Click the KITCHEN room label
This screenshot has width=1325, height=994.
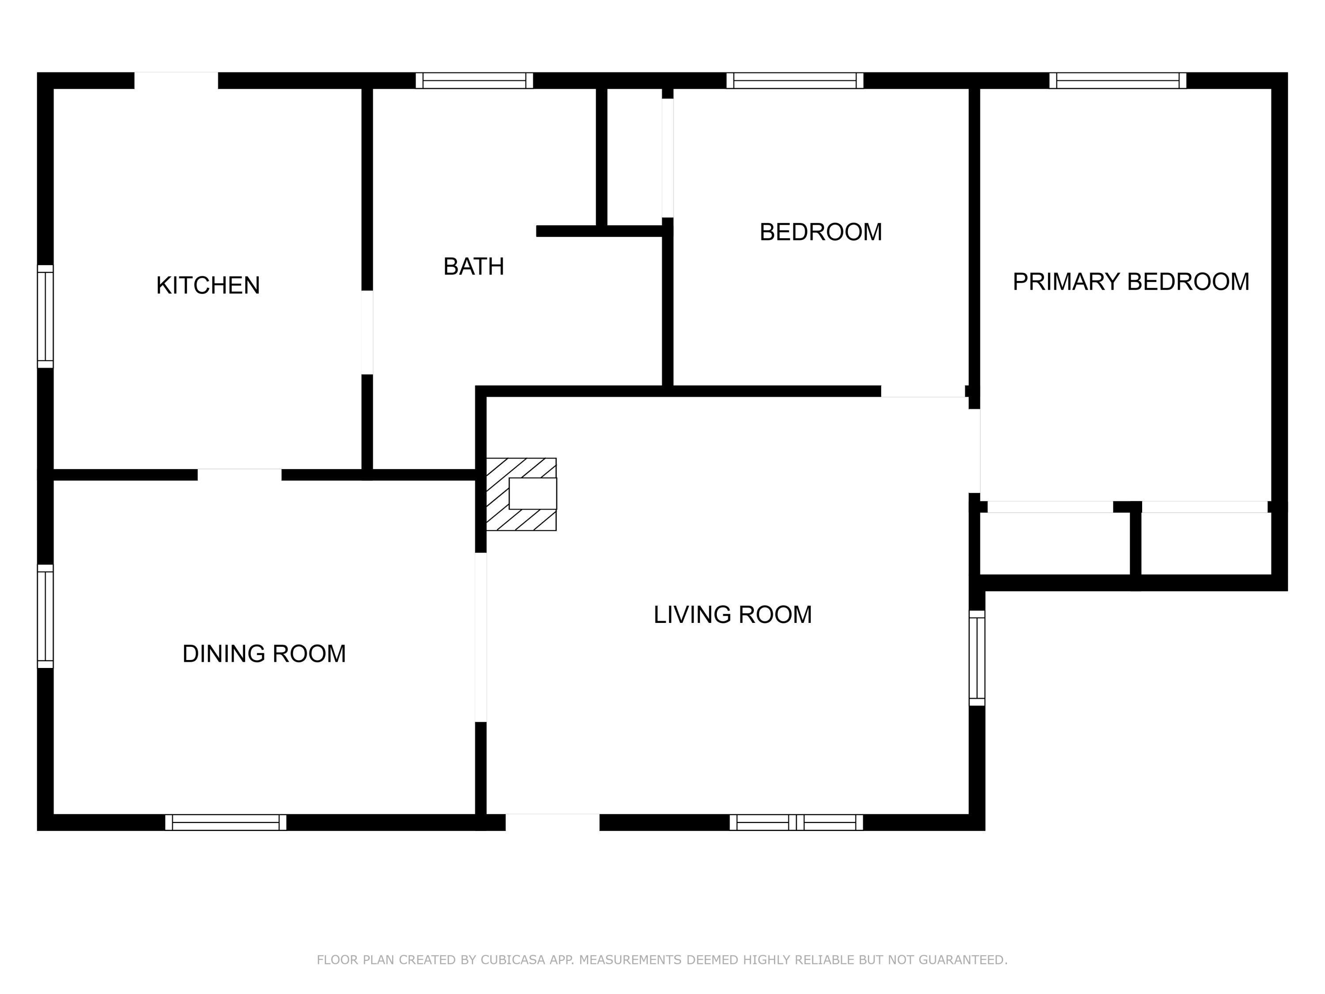208,285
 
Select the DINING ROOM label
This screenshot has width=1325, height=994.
264,654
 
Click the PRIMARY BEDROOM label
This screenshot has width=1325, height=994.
1130,281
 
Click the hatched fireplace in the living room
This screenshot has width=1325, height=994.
521,494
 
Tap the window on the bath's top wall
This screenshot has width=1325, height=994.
474,80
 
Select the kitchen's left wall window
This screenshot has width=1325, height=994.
45,316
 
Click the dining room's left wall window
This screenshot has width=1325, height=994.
45,616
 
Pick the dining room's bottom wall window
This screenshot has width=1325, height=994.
226,822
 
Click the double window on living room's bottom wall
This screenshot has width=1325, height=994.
796,822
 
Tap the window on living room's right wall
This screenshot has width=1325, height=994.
977,658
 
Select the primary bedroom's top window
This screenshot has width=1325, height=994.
1117,80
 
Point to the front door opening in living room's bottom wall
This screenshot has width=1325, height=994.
552,822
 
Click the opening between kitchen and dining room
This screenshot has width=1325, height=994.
239,474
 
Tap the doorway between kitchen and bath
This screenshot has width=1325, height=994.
367,333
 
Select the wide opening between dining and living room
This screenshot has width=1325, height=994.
481,637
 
